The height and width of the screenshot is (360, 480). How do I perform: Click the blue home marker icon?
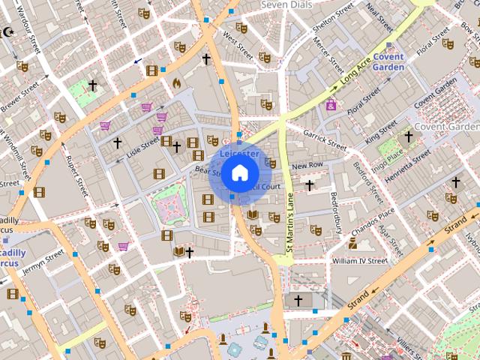pyautogui.click(x=239, y=173)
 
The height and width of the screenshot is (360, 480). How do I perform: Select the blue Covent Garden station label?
pyautogui.click(x=388, y=62)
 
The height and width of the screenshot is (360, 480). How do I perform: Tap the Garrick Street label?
pyautogui.click(x=325, y=139)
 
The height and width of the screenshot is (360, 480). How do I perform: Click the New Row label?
pyautogui.click(x=307, y=165)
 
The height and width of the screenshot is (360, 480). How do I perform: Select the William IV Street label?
pyautogui.click(x=359, y=261)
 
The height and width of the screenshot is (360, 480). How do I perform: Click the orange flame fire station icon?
pyautogui.click(x=177, y=83)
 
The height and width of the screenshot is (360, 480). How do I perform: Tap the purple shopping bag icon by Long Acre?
pyautogui.click(x=331, y=105)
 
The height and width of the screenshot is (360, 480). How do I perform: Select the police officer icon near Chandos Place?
pyautogui.click(x=352, y=242)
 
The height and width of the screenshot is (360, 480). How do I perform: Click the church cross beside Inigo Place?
pyautogui.click(x=408, y=136)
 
